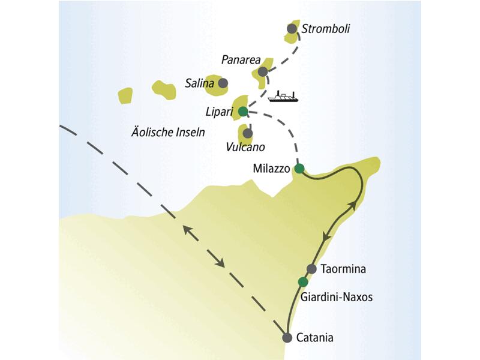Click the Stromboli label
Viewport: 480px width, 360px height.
[326, 28]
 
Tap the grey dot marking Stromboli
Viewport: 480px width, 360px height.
[292, 28]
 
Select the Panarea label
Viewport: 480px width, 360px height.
[241, 60]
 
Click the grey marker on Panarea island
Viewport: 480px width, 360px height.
[263, 72]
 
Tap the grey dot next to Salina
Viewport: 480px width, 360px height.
[223, 83]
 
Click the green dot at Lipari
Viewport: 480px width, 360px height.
[243, 111]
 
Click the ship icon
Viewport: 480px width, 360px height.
[283, 97]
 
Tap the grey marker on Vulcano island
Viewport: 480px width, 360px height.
[247, 133]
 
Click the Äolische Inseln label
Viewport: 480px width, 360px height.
[167, 131]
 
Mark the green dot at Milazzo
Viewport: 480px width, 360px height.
[299, 169]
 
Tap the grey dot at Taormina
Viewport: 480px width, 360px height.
[311, 268]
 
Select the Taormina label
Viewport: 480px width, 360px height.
[343, 268]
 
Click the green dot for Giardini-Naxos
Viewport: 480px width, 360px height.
[303, 282]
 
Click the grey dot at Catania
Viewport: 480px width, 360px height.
[287, 337]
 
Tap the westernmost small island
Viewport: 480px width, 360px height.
[125, 95]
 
